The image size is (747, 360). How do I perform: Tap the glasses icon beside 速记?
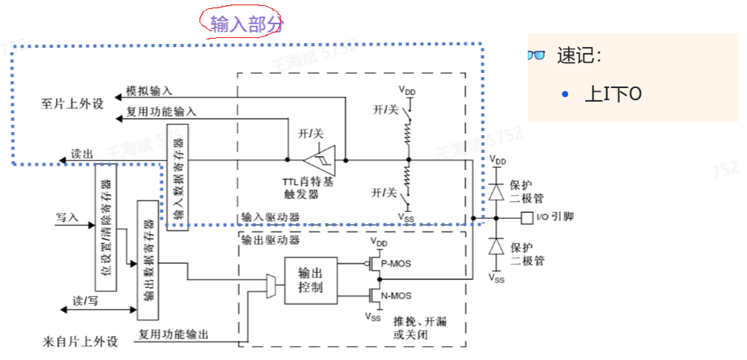536,56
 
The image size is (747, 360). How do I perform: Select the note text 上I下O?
613,94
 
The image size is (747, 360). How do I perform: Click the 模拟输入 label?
149,90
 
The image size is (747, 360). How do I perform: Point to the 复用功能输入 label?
161,112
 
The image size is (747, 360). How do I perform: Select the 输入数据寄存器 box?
177,175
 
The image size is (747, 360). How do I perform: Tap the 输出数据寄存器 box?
148,260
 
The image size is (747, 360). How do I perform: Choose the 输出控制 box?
310,280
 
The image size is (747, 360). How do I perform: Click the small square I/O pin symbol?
526,217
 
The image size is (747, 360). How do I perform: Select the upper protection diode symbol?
496,192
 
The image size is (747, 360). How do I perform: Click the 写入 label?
67,217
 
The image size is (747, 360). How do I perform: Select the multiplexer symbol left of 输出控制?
270,286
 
